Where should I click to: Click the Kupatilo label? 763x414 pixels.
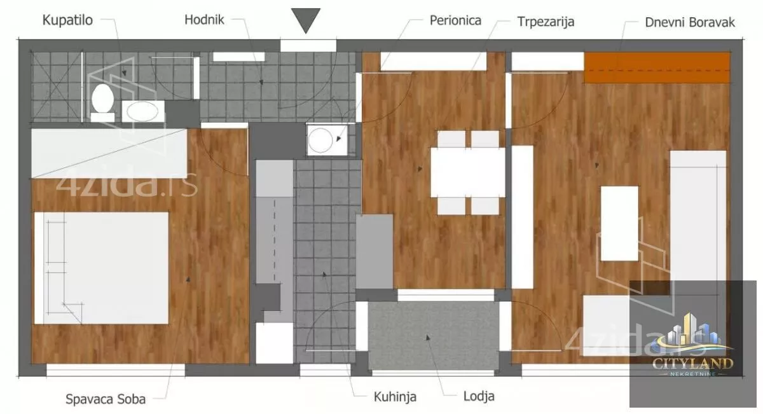(67, 20)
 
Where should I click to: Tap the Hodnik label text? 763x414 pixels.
(204, 20)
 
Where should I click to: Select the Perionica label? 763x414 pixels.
(455, 20)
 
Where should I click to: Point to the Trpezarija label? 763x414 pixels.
(546, 22)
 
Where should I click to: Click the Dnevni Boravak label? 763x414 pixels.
(690, 22)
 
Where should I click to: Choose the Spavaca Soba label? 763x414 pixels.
(106, 399)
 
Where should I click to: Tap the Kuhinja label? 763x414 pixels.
(395, 397)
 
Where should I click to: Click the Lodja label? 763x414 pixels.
(479, 396)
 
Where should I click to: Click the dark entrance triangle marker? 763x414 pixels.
(306, 20)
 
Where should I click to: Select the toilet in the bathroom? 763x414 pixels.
(102, 102)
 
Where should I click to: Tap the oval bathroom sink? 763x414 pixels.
(142, 111)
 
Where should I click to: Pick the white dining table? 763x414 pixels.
(468, 173)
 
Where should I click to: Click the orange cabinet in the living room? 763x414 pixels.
(657, 67)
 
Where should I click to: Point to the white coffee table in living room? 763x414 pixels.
(619, 223)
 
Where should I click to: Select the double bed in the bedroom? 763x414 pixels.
(101, 268)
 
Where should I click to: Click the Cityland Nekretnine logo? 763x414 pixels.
(692, 344)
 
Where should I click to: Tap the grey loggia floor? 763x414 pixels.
(433, 336)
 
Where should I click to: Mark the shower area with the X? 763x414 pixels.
(57, 87)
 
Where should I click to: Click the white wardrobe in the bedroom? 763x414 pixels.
(109, 153)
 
